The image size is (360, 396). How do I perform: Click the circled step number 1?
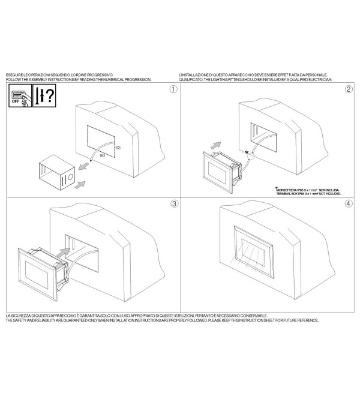(173, 89)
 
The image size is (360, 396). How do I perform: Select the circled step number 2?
(349, 89)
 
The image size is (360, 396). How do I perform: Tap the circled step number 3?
(174, 203)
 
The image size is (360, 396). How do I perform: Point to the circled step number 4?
(349, 203)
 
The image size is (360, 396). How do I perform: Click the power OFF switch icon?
(20, 96)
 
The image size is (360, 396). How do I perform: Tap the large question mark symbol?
(50, 95)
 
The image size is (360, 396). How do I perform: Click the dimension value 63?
(118, 148)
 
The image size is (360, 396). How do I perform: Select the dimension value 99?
(102, 156)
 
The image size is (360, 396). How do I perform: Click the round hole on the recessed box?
(70, 177)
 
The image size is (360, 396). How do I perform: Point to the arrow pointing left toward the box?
(84, 166)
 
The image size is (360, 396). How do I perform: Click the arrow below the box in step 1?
(80, 185)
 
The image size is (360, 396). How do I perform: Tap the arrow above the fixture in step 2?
(215, 145)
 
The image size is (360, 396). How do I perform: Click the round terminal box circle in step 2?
(251, 157)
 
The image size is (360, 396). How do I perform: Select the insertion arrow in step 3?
(64, 253)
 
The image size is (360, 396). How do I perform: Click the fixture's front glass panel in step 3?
(37, 275)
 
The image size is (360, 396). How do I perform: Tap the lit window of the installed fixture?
(253, 253)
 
